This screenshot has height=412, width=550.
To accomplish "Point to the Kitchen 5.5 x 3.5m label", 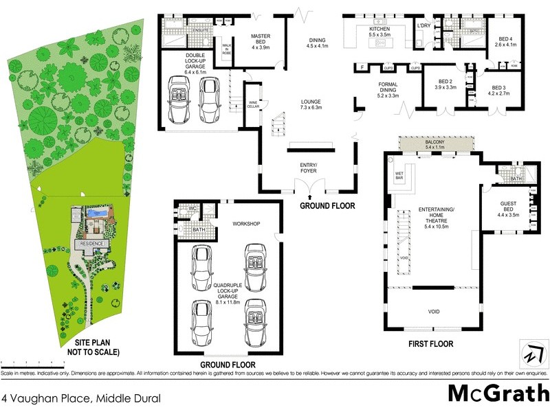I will tap(378, 31).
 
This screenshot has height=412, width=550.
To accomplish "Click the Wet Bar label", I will tap(399, 177).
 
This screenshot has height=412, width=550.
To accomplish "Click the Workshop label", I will tap(245, 224).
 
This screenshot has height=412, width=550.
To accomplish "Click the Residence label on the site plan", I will tap(91, 243).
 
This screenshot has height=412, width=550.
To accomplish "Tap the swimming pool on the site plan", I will tap(96, 214).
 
